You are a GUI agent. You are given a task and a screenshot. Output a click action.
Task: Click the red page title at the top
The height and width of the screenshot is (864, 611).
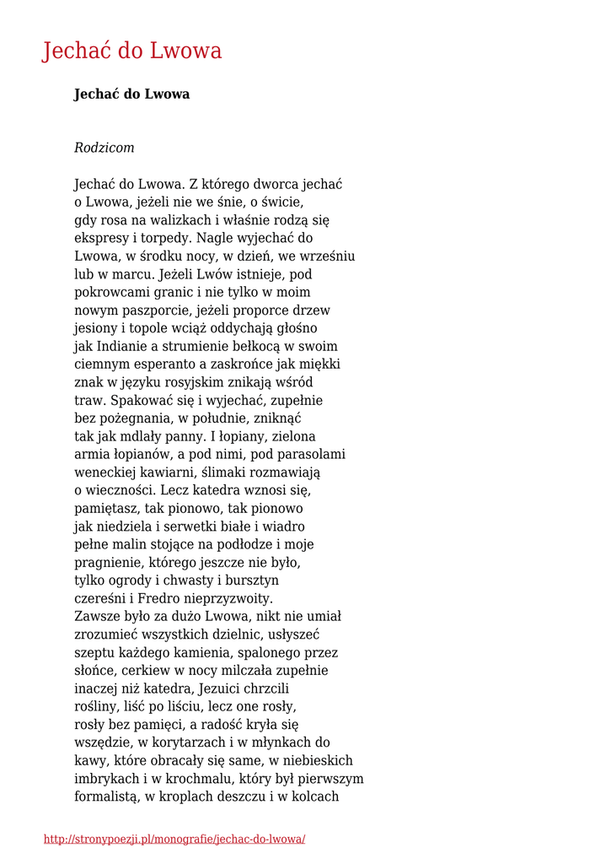(x=132, y=51)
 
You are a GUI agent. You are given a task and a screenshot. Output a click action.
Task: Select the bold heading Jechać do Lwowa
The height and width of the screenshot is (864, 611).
(x=131, y=94)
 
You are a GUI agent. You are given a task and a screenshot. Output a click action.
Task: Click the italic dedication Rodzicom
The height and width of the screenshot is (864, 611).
(x=104, y=148)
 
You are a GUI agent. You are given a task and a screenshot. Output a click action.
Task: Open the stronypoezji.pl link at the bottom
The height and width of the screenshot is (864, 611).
(x=174, y=840)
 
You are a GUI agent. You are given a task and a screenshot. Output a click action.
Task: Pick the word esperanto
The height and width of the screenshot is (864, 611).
(x=161, y=364)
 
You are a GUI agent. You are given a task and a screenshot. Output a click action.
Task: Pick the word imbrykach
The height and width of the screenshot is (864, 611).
(x=108, y=777)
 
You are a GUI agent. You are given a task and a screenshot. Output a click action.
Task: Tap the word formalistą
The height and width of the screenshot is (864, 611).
(x=106, y=796)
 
